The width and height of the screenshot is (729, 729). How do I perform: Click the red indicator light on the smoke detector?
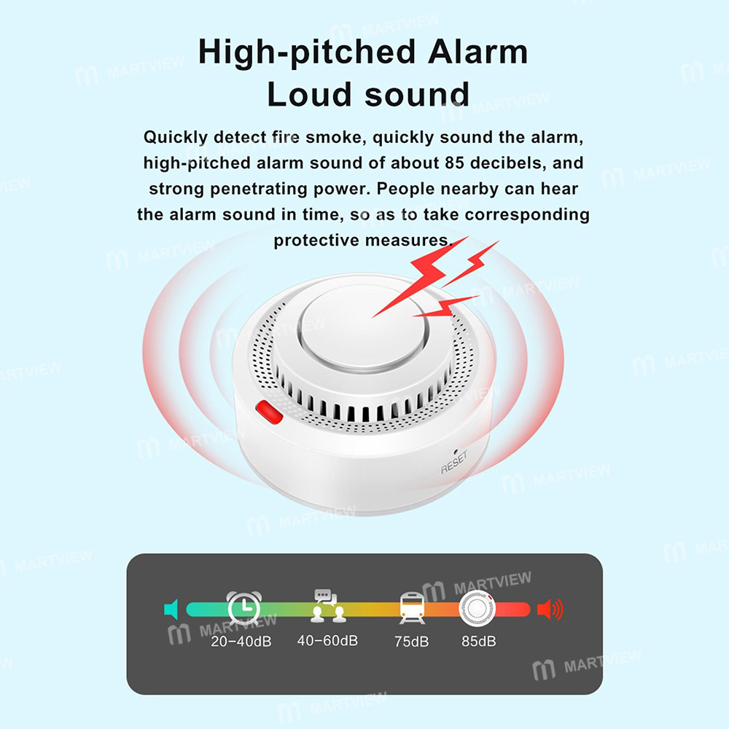[269, 413]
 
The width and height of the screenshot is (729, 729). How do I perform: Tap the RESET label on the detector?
[453, 464]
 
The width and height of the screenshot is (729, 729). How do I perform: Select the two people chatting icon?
[328, 607]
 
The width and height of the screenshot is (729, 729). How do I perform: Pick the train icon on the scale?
[412, 607]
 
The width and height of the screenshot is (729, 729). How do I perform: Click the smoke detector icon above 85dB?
[477, 608]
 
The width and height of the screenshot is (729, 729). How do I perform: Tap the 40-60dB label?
[327, 641]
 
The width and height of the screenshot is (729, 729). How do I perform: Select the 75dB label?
[412, 642]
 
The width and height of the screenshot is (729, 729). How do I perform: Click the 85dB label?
[479, 642]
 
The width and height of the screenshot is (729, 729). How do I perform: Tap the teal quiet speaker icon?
[171, 609]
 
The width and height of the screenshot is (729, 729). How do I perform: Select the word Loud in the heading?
[311, 95]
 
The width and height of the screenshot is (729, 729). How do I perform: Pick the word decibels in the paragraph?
[507, 163]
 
